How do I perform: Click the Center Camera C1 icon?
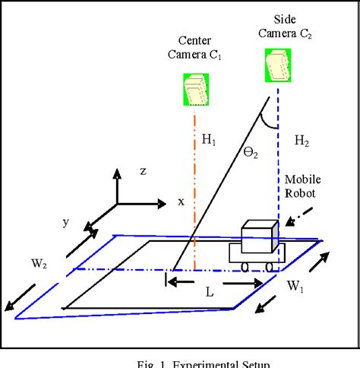point(194,90)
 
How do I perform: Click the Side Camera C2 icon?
point(276,65)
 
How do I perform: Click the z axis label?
point(142,172)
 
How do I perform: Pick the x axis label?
point(181,202)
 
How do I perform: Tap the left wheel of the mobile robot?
point(248,266)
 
